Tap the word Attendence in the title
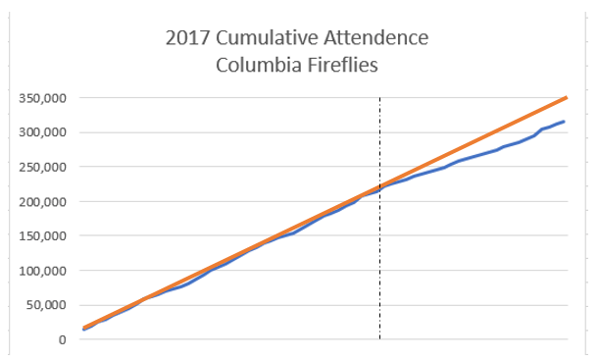[378, 40]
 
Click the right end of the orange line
[567, 97]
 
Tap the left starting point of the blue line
[84, 330]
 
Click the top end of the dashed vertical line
[379, 98]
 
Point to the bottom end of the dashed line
[379, 339]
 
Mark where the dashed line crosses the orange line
[379, 186]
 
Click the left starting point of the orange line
[84, 328]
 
